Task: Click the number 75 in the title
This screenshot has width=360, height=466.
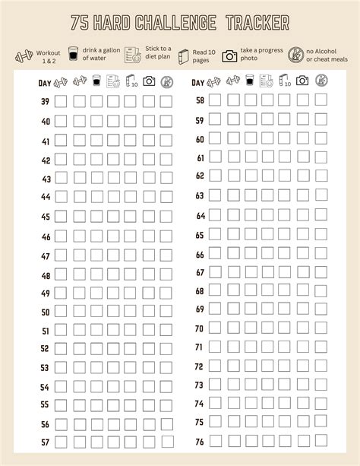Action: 80,25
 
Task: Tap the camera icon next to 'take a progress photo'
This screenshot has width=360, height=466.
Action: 229,55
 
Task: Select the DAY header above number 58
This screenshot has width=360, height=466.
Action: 198,82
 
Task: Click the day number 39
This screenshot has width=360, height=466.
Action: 45,101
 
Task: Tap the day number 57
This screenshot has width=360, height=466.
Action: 45,442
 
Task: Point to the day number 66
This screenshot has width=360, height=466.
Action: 200,255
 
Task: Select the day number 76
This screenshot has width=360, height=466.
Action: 200,441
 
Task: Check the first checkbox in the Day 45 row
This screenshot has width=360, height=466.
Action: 60,216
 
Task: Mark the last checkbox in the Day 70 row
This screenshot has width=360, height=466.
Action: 321,328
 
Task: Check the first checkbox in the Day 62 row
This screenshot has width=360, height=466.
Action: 215,176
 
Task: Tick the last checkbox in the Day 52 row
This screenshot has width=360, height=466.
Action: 166,348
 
